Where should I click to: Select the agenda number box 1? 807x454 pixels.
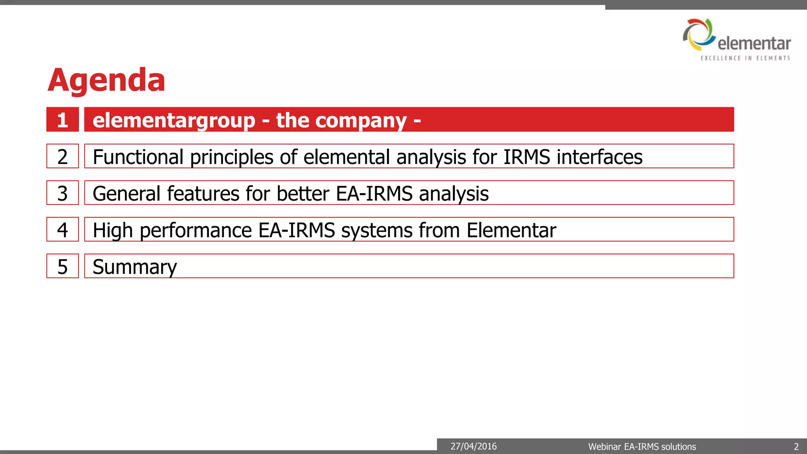click(x=63, y=119)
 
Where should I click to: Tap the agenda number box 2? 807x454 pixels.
click(x=63, y=156)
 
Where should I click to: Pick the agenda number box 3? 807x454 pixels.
click(x=63, y=193)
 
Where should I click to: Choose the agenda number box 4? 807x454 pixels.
click(x=63, y=230)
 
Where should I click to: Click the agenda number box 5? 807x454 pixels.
click(x=63, y=266)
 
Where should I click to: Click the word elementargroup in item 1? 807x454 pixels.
click(x=174, y=120)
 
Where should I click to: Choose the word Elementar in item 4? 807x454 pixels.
click(x=511, y=230)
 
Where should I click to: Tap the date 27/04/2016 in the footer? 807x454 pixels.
click(x=474, y=447)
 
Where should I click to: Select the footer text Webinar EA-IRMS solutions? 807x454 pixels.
click(x=642, y=447)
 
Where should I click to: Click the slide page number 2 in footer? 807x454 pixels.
click(x=796, y=447)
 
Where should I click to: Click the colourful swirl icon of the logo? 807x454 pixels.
click(x=699, y=34)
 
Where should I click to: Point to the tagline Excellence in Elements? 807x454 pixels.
click(x=745, y=58)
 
